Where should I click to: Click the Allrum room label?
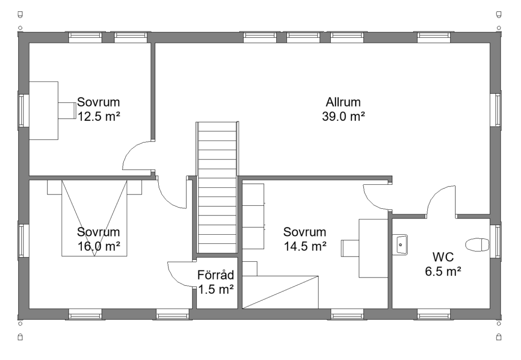pos(343,102)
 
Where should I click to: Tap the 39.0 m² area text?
pos(343,116)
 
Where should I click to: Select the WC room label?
pos(443,257)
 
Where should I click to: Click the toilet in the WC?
pos(477,245)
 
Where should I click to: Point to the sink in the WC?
pos(400,245)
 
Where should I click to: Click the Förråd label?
pos(216,275)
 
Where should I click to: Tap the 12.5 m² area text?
pos(99,116)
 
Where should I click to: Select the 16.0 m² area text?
pos(99,246)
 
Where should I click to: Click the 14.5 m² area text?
pos(305,246)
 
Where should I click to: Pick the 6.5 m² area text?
pos(443,271)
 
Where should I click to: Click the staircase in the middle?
pos(217,188)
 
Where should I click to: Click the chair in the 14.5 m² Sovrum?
pos(350,248)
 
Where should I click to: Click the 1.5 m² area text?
pos(216,290)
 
